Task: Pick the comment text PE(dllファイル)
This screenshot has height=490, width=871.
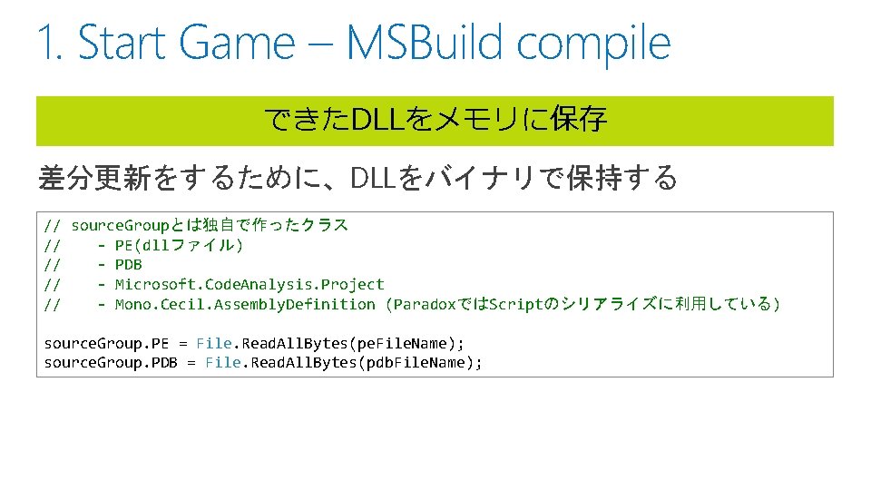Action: [180, 245]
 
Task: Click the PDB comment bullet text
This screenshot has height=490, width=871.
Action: [129, 265]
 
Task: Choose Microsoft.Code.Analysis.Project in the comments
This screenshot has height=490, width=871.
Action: [250, 284]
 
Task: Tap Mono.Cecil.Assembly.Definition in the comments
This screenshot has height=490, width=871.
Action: [245, 304]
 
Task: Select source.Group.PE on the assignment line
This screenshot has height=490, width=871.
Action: [106, 343]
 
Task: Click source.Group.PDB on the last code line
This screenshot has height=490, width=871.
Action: [111, 363]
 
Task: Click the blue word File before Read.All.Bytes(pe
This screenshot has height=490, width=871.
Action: [214, 343]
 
